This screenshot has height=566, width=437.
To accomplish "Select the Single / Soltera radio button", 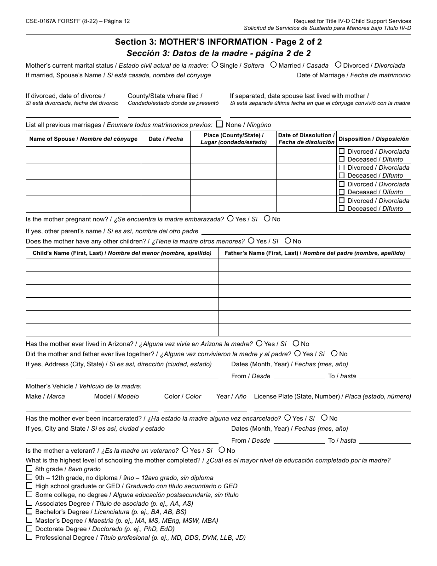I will (x=215, y=65).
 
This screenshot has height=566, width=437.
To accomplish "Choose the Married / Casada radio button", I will (x=273, y=65).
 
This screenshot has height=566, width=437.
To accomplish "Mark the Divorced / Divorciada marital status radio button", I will (x=338, y=65).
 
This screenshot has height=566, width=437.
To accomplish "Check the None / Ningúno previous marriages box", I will (x=219, y=124).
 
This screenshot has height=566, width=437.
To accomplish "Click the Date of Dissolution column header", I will (x=306, y=139).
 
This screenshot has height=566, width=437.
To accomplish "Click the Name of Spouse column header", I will (x=83, y=139).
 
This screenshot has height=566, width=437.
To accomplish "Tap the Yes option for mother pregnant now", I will (x=230, y=219).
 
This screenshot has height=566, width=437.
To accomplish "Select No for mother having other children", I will (x=288, y=241).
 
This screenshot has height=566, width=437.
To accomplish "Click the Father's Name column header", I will (x=314, y=253).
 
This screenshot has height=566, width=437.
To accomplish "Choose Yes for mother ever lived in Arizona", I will (x=259, y=343).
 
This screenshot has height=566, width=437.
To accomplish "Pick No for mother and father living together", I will (x=334, y=353).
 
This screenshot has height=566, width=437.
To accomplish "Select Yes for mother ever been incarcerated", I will (x=287, y=418).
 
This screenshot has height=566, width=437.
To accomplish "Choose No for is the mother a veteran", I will (x=222, y=450).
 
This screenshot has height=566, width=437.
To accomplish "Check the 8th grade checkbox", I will (x=29, y=469).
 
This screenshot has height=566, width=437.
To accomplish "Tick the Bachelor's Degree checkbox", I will (x=29, y=512).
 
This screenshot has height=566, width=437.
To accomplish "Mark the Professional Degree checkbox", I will (x=29, y=537).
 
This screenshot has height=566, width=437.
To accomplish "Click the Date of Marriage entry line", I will (x=354, y=87).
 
